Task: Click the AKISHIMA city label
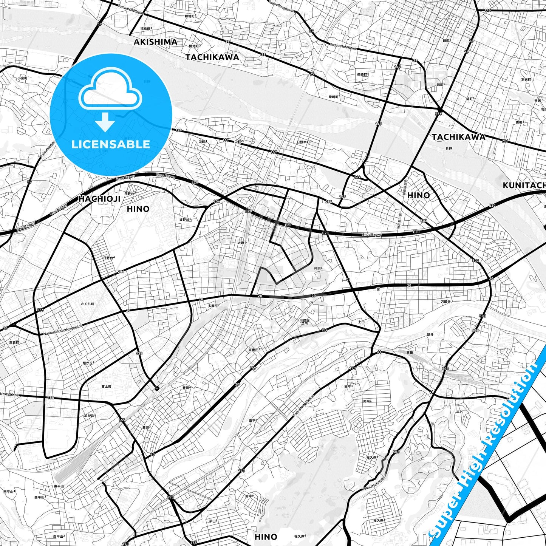(155, 42)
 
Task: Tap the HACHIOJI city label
(100, 199)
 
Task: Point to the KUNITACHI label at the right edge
(524, 185)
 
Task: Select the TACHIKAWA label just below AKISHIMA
(212, 57)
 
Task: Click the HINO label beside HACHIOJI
(138, 209)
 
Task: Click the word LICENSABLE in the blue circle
(111, 144)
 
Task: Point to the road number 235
(139, 354)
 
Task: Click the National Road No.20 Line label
(62, 330)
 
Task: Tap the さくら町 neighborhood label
(87, 304)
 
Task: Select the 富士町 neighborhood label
(106, 387)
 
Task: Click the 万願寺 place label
(445, 302)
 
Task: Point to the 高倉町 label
(14, 342)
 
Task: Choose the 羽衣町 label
(526, 80)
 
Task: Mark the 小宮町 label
(22, 78)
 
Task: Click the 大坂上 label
(242, 243)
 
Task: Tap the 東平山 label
(59, 486)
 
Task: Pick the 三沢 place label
(459, 411)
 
